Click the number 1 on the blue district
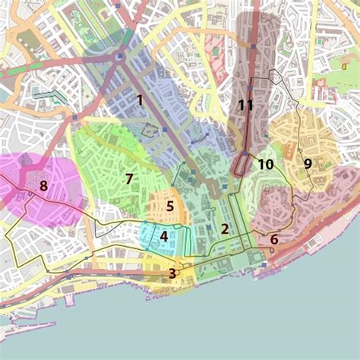pos(140,99)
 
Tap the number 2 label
pos(225,229)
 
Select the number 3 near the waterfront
pos(173,273)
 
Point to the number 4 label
pos(163,236)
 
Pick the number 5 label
pos(170,206)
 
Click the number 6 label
pos(274,239)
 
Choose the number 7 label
pos(129,179)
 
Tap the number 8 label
pos(43,185)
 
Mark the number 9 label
pos(308,163)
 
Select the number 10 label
pos(265,164)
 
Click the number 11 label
pos(245,106)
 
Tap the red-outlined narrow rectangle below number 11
pos(243,163)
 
